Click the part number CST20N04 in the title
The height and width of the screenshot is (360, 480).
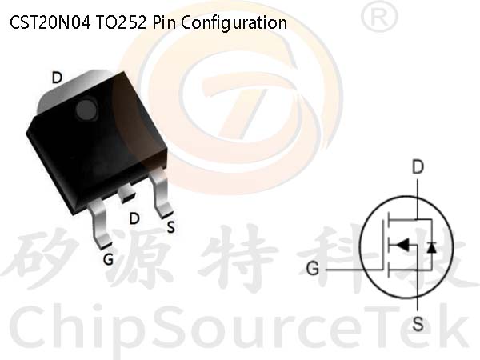[50, 22]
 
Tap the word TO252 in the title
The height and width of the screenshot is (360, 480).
[122, 22]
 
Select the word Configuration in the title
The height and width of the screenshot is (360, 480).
[234, 23]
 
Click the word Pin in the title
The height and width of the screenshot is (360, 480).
[164, 22]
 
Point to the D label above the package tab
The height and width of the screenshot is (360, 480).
[57, 78]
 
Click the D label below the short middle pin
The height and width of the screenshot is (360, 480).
[134, 218]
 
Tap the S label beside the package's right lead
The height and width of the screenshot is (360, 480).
[171, 227]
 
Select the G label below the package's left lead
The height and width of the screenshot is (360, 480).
[108, 259]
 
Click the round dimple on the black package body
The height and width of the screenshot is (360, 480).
[86, 110]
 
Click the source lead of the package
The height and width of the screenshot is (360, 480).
[161, 193]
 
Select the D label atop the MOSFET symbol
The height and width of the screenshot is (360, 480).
[418, 167]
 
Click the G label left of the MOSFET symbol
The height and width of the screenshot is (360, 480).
[313, 269]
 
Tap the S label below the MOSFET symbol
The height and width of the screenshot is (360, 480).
[418, 324]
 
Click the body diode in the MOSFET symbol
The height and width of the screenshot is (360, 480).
[432, 246]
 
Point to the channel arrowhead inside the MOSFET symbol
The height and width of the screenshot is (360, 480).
[402, 245]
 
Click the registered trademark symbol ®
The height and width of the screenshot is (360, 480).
[379, 16]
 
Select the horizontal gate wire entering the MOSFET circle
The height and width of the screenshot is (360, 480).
[354, 270]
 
